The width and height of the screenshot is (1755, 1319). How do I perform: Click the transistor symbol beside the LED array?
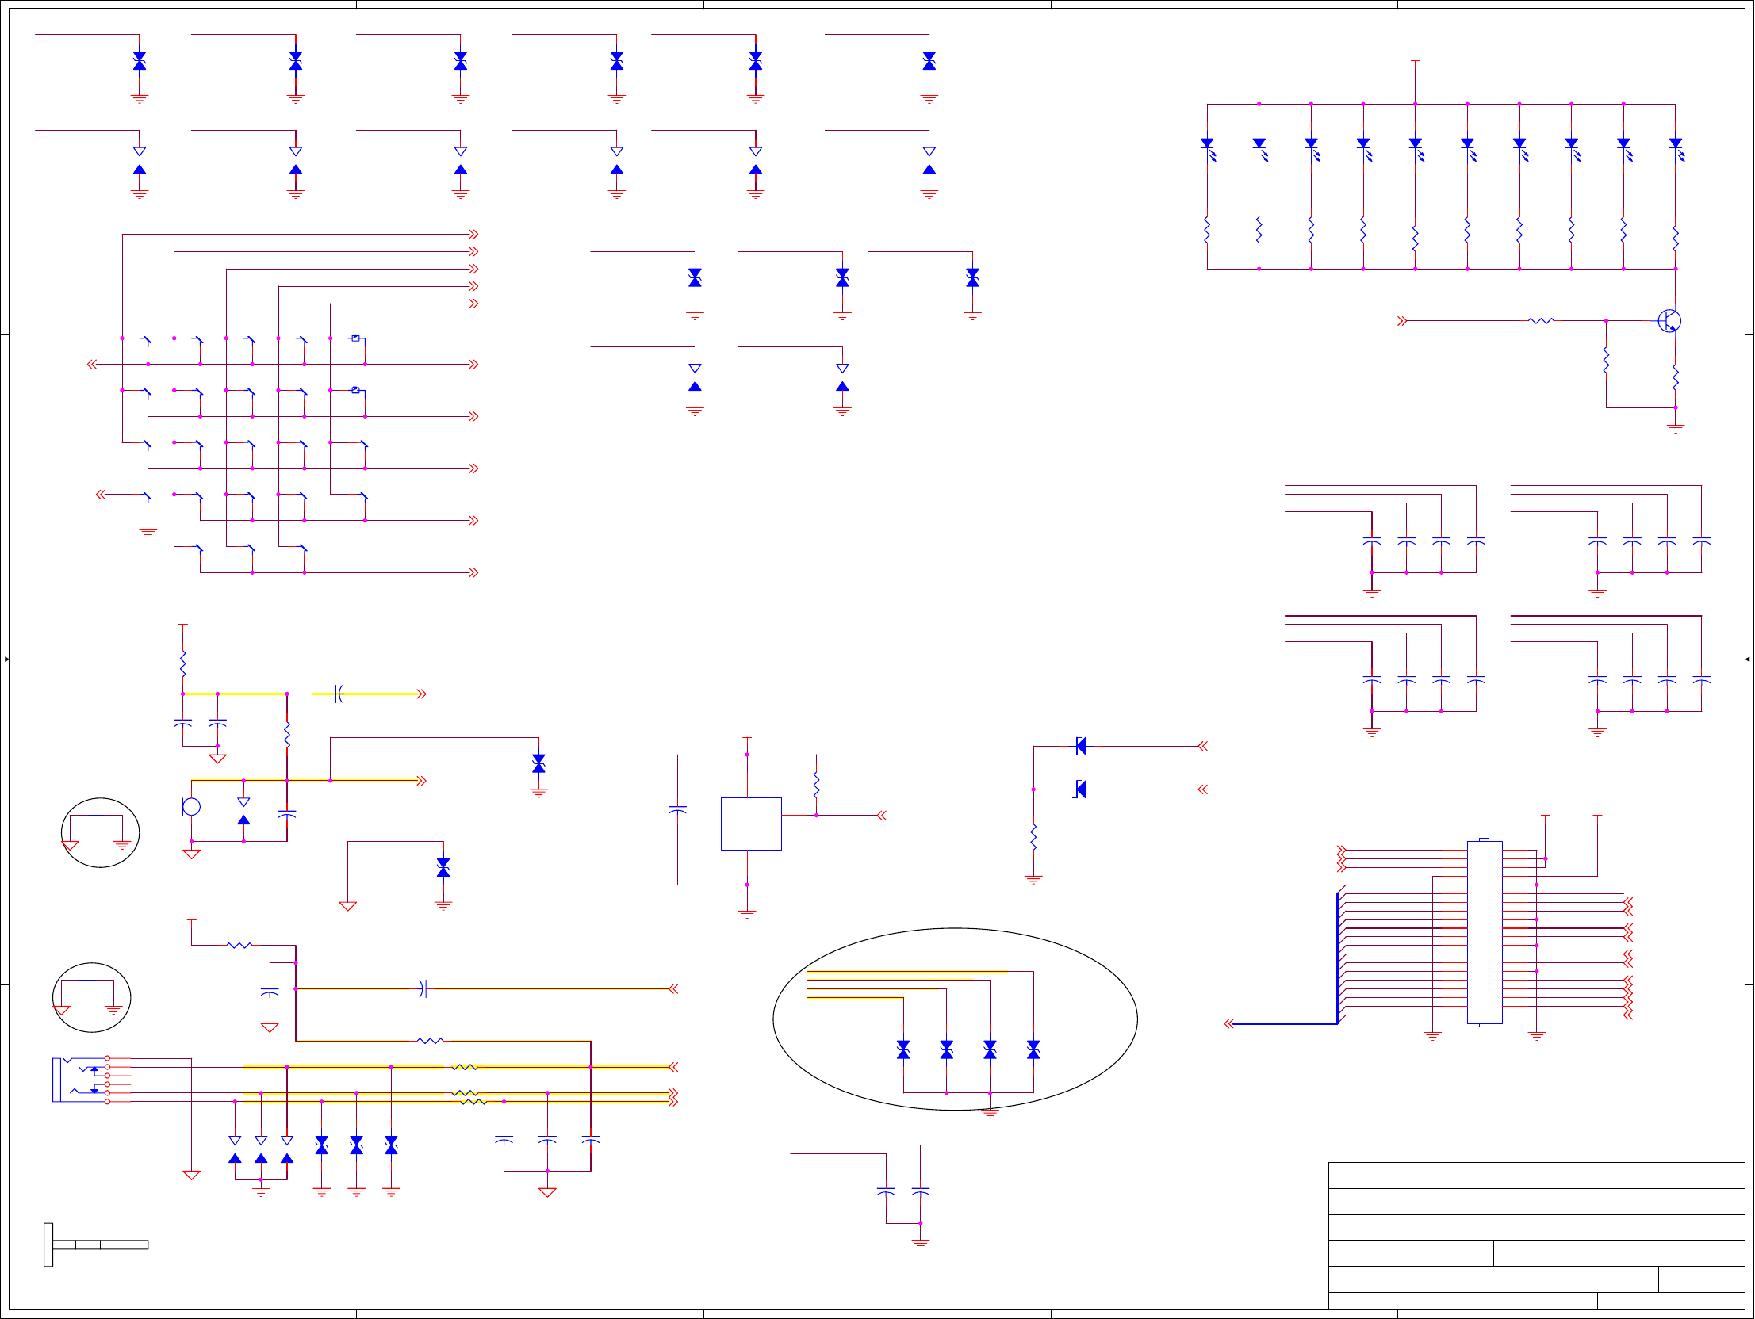1669,321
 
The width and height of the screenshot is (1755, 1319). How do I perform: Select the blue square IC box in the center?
750,824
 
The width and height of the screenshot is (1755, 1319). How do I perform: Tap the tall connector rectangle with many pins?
1484,932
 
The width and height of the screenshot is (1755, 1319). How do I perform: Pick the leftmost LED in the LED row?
1207,145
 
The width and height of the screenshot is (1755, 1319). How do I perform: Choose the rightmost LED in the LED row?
1675,145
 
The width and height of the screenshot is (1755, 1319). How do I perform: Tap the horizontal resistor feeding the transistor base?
1541,321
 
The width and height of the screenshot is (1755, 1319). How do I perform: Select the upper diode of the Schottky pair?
1080,746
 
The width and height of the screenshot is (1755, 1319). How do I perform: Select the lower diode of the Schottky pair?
1080,789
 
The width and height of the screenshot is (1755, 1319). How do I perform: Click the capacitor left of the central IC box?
677,810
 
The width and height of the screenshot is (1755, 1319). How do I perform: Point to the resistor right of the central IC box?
816,786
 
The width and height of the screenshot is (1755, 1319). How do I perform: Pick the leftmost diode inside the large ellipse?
903,1050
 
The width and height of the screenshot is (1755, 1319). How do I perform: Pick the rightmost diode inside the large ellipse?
1033,1050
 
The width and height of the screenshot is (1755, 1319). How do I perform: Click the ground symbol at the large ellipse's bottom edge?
990,1114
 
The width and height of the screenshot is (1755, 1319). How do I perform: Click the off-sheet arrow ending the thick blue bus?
1229,1024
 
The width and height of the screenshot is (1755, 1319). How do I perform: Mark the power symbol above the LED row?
1415,62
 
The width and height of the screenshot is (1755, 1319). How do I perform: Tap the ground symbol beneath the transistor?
1675,429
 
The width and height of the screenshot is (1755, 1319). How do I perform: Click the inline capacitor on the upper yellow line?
339,694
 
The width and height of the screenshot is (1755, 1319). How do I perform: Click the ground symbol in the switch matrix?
148,533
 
